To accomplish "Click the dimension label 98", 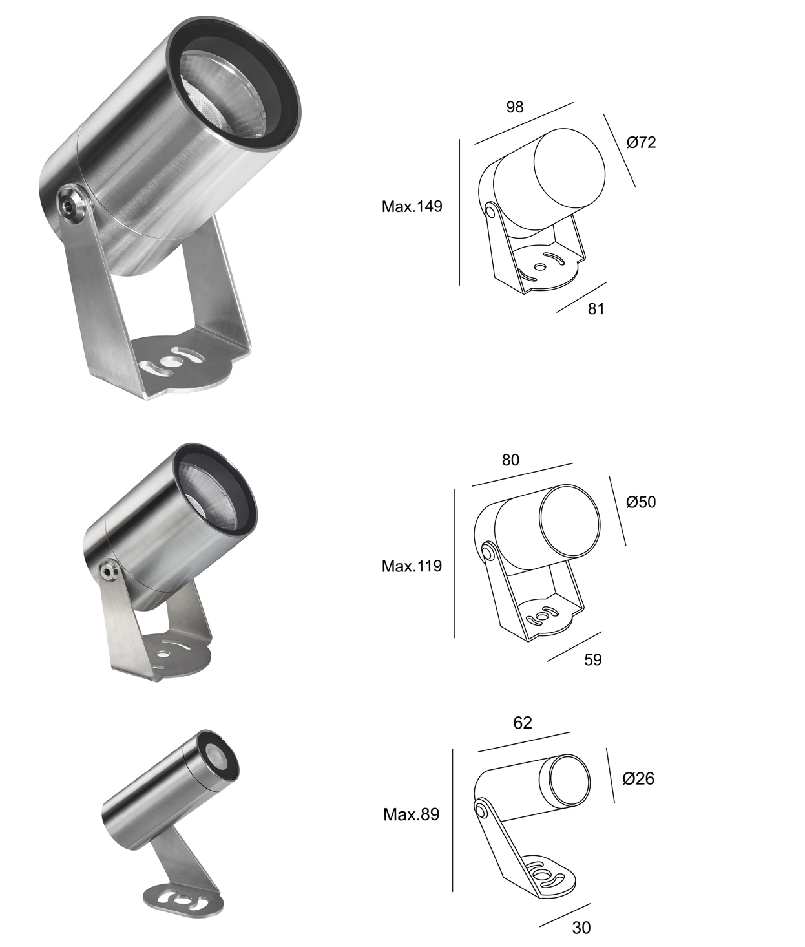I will tap(514, 107).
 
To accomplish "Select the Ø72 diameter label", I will tap(641, 142).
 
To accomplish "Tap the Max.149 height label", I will tap(412, 207).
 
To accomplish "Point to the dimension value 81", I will tap(596, 309).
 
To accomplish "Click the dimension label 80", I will tap(510, 460).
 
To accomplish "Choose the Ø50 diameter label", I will tap(641, 502).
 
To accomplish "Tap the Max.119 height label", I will tap(412, 566).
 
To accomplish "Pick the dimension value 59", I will tap(592, 659).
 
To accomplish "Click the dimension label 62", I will tap(522, 723).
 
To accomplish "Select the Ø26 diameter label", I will tap(638, 779).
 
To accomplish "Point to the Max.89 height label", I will tap(411, 814).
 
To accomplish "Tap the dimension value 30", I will tap(581, 928).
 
